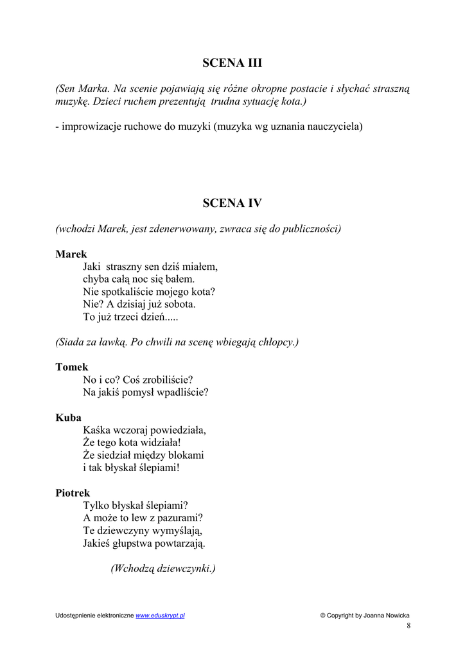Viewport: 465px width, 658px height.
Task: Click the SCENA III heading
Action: click(232, 63)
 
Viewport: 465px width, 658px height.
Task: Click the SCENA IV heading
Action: click(232, 203)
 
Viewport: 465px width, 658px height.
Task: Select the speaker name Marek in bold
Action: click(71, 254)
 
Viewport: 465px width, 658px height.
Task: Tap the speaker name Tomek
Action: click(71, 367)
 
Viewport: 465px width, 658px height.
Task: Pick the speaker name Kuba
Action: click(68, 418)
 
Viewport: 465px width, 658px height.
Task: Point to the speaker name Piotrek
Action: click(73, 493)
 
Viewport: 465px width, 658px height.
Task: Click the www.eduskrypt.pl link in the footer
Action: click(160, 616)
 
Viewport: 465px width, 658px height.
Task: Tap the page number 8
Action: click(408, 626)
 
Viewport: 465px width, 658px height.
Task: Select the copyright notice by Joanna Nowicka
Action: click(364, 616)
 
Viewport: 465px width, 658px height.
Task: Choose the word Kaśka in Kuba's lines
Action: click(98, 430)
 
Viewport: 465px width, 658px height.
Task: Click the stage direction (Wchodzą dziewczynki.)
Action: click(163, 568)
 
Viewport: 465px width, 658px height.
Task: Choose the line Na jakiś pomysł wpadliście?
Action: click(146, 392)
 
